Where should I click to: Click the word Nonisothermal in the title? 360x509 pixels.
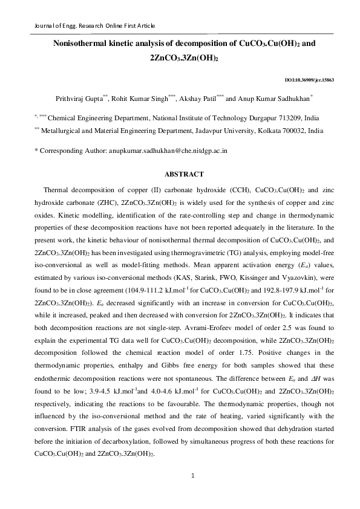click(79, 44)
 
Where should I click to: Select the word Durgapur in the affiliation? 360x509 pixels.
click(254, 118)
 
